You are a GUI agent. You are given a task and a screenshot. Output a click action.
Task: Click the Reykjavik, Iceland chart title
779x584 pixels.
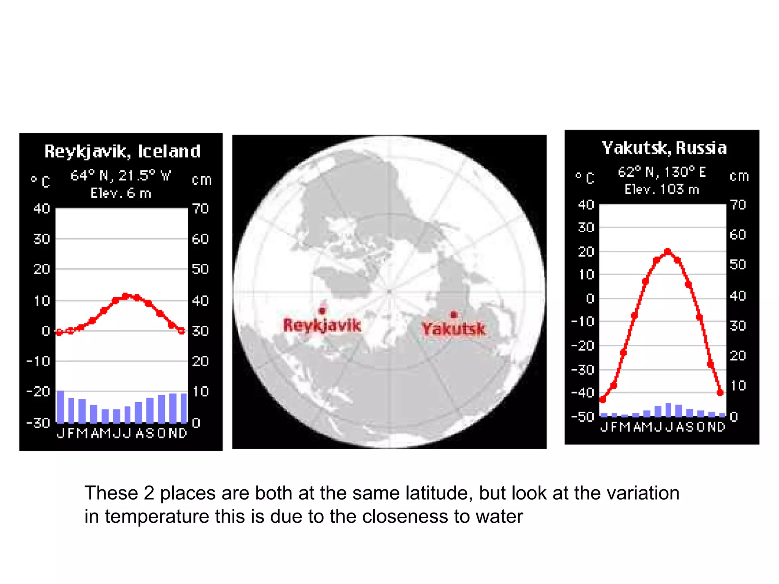pos(122,151)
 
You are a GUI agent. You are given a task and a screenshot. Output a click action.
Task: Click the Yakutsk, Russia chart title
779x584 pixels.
pos(664,148)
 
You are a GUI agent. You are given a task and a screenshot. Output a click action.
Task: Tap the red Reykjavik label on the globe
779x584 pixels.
pos(322,325)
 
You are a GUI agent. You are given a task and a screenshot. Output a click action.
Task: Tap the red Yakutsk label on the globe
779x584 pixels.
pos(453,329)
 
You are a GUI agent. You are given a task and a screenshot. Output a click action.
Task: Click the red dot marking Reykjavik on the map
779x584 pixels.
pos(322,311)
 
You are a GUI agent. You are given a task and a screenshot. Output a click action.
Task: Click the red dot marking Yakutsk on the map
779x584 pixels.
pos(453,314)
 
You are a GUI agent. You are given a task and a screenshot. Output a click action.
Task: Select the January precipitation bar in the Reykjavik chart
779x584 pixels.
pos(60,406)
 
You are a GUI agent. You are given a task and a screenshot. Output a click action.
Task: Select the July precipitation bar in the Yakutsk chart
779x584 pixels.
pos(668,410)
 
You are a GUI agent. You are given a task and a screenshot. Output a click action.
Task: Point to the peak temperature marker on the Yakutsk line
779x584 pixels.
pos(668,252)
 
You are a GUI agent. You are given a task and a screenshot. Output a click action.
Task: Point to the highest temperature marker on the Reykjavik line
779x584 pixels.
pos(126,296)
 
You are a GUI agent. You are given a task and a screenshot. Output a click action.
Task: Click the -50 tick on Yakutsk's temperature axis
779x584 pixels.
pos(583,417)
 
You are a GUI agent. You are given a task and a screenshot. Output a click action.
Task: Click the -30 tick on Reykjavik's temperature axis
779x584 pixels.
pos(38,423)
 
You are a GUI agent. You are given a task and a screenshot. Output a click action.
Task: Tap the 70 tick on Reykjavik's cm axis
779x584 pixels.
pos(200,209)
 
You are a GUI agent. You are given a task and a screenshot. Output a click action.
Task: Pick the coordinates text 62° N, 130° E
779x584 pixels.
pos(661,172)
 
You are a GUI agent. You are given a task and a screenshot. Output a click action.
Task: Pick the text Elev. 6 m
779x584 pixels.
pos(121,193)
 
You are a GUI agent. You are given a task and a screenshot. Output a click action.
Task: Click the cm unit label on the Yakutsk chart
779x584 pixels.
pos(739,176)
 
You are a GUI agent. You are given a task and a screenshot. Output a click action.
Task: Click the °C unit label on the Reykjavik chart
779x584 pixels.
pos(40,181)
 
